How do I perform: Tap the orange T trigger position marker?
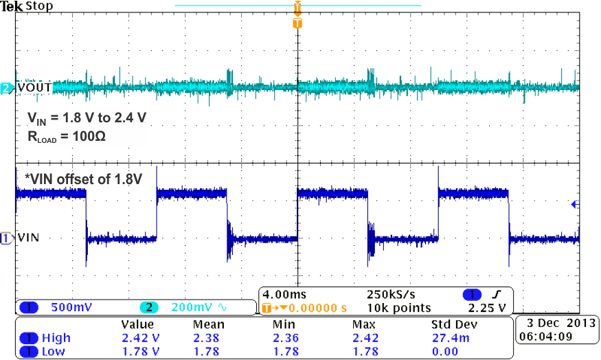pos(297,23)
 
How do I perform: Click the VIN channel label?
pos(28,238)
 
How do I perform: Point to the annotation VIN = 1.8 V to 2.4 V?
pos(82,117)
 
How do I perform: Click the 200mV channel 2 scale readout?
pos(183,308)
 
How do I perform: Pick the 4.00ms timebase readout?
pos(281,295)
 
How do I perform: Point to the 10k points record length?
pos(398,308)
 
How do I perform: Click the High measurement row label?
pos(56,338)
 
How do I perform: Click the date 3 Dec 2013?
pos(552,322)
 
